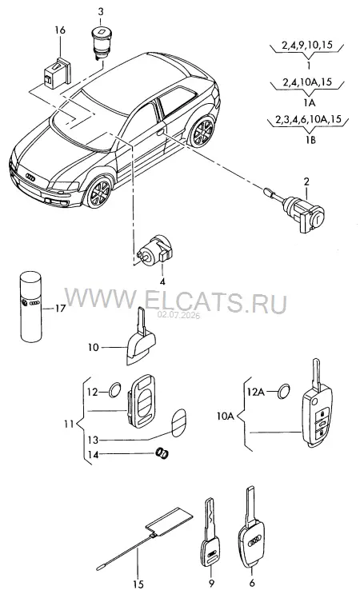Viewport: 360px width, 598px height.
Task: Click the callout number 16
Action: (60, 30)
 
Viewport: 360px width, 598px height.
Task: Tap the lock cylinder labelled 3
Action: (101, 42)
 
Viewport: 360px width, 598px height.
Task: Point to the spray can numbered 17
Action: (30, 306)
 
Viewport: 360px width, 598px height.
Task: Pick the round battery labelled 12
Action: (115, 389)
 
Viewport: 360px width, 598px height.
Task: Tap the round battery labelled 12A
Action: (283, 390)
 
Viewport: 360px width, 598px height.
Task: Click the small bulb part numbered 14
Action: (163, 452)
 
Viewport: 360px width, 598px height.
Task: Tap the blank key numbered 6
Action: (251, 532)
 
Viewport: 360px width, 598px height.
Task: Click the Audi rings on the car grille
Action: (30, 177)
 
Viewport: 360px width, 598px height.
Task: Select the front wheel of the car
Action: (98, 192)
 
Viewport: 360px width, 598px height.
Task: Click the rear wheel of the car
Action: (201, 132)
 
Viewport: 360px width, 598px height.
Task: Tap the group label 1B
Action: (310, 140)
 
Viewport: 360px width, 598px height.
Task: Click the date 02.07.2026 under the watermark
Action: (179, 316)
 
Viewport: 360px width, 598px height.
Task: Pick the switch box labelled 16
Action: (57, 74)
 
